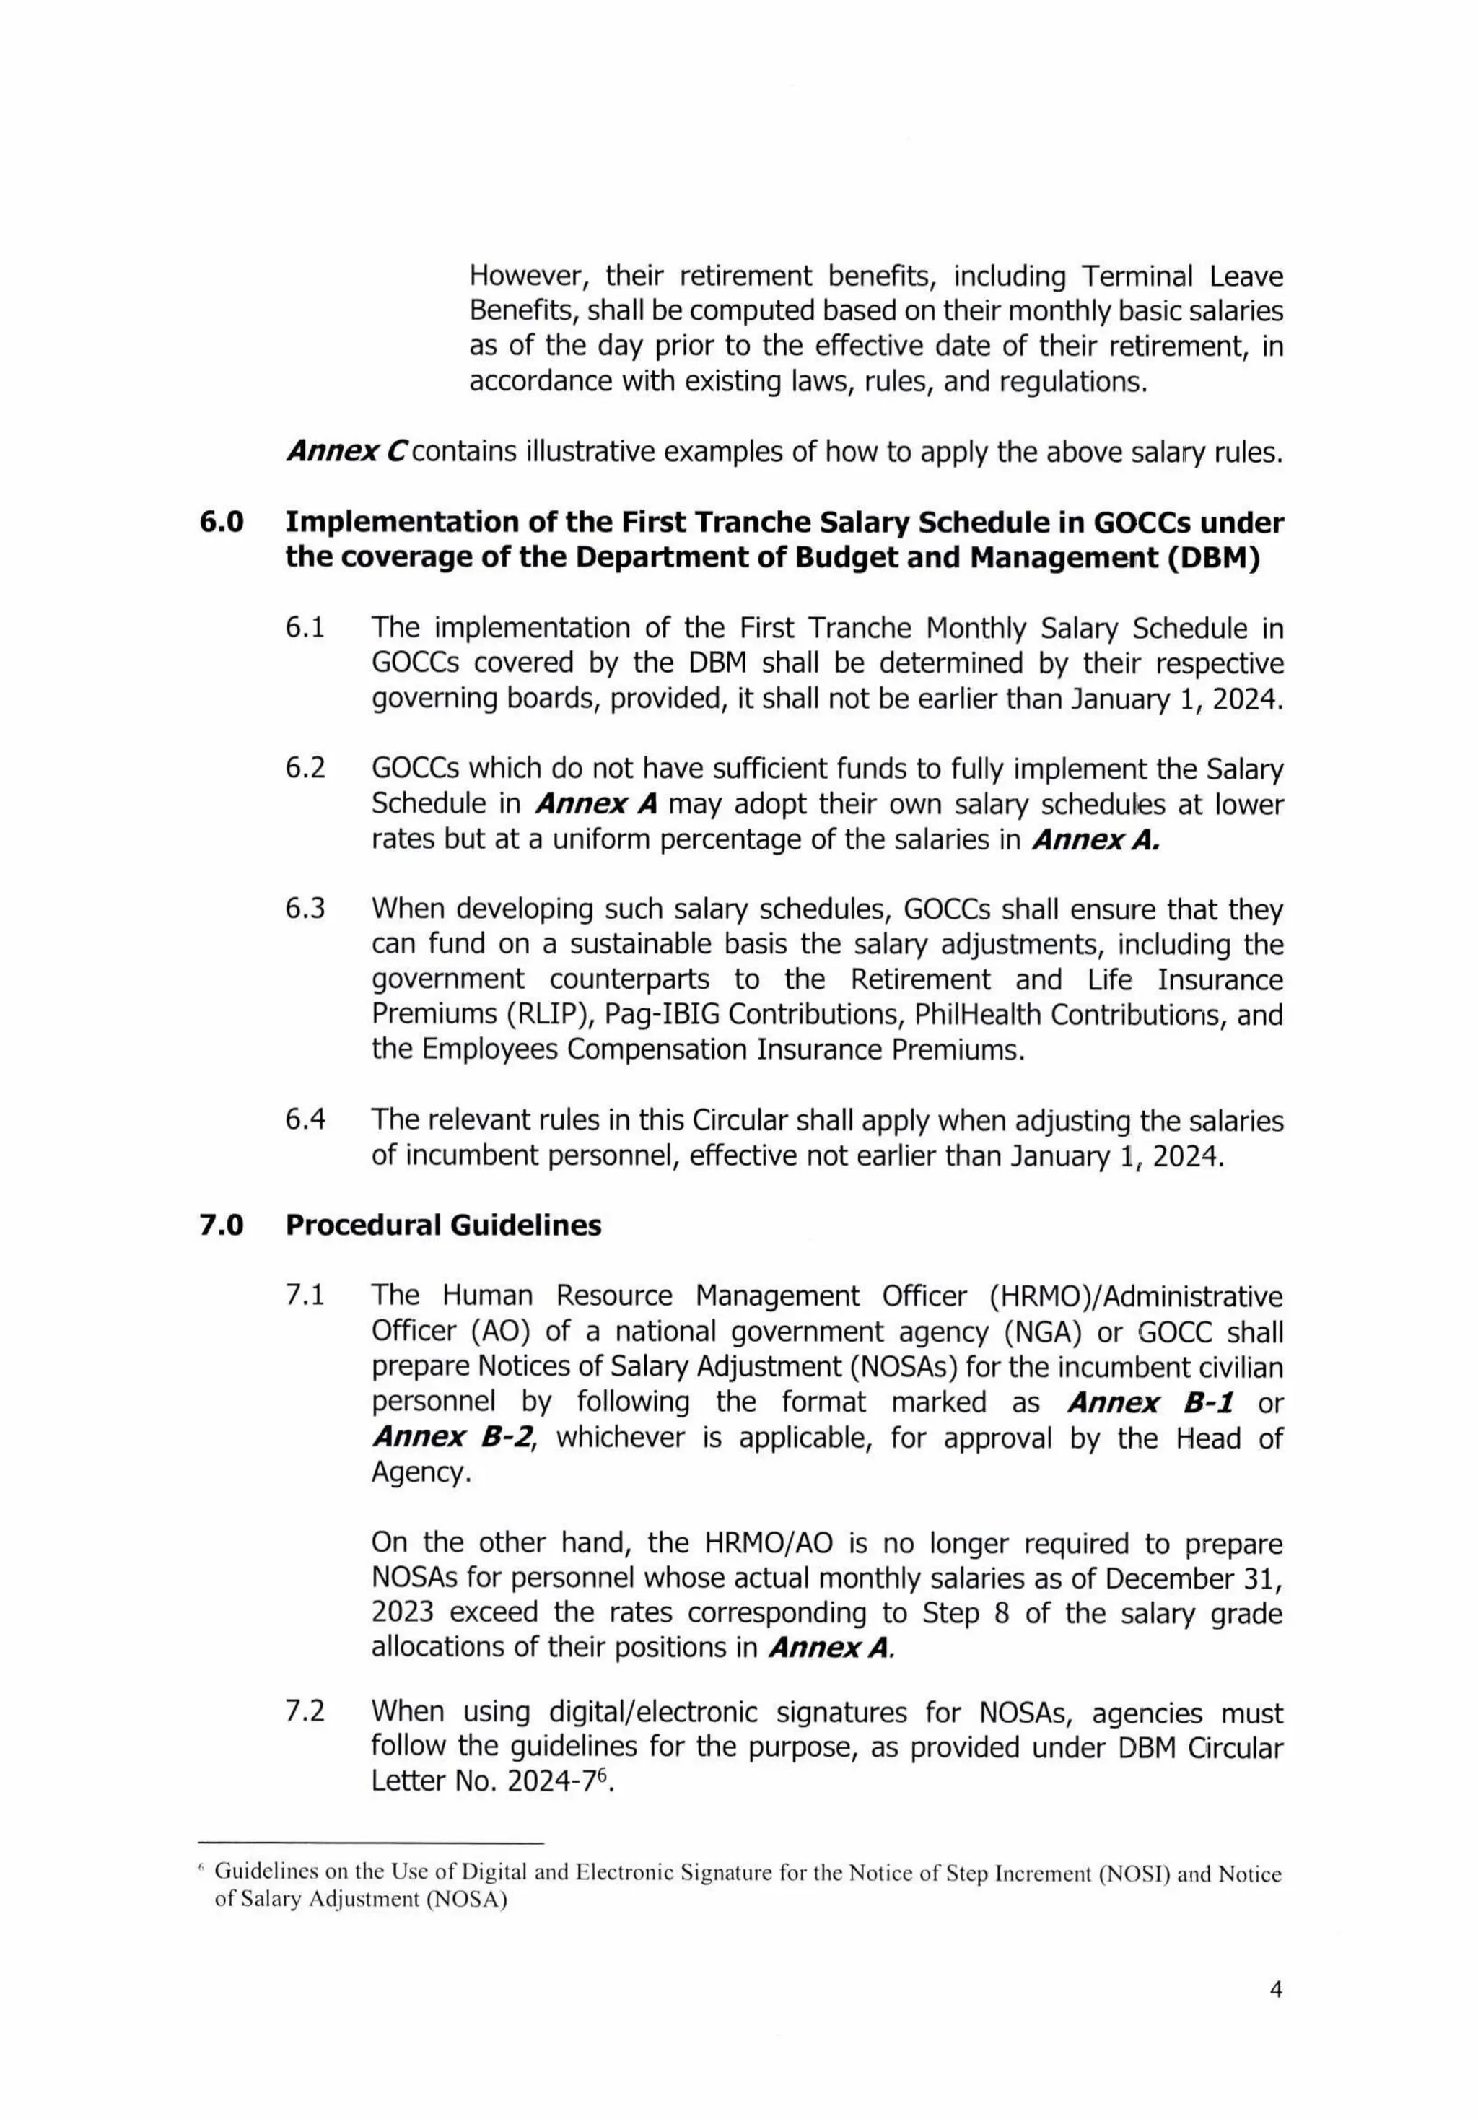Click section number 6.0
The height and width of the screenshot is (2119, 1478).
222,523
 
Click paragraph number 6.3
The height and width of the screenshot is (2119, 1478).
305,909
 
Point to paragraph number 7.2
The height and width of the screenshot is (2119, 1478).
305,1712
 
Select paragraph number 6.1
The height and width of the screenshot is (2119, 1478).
305,629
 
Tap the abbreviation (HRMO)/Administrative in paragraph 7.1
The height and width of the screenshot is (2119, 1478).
1134,1297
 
